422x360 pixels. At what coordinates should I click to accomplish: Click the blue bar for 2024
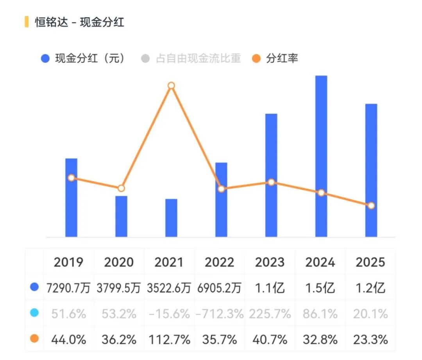pyautogui.click(x=321, y=156)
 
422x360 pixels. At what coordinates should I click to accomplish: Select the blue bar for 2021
pyautogui.click(x=171, y=218)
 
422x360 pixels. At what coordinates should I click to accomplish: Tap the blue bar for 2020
pyautogui.click(x=122, y=216)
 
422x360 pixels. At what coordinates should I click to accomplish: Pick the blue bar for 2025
pyautogui.click(x=371, y=171)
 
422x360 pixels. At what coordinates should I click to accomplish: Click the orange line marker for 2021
pyautogui.click(x=171, y=86)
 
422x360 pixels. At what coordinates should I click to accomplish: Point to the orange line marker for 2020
pyautogui.click(x=122, y=188)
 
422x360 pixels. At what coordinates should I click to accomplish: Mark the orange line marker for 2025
pyautogui.click(x=371, y=206)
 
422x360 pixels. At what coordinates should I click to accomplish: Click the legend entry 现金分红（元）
pyautogui.click(x=83, y=58)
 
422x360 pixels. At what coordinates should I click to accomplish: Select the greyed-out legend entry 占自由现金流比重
pyautogui.click(x=191, y=58)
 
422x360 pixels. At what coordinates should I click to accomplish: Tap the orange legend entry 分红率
pyautogui.click(x=275, y=58)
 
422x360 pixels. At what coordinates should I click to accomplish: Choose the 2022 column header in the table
pyautogui.click(x=219, y=262)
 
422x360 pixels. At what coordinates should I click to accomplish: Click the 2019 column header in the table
pyautogui.click(x=68, y=262)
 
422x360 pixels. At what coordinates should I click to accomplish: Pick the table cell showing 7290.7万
pyautogui.click(x=68, y=288)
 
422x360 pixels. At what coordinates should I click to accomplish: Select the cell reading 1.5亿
pyautogui.click(x=320, y=288)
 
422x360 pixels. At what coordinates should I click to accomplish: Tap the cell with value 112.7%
pyautogui.click(x=169, y=340)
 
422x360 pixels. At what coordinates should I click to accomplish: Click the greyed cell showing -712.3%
pyautogui.click(x=220, y=314)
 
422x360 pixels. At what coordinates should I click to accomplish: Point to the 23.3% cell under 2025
pyautogui.click(x=370, y=340)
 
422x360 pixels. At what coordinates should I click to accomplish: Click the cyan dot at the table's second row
pyautogui.click(x=34, y=313)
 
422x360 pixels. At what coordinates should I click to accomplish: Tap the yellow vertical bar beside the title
pyautogui.click(x=27, y=22)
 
